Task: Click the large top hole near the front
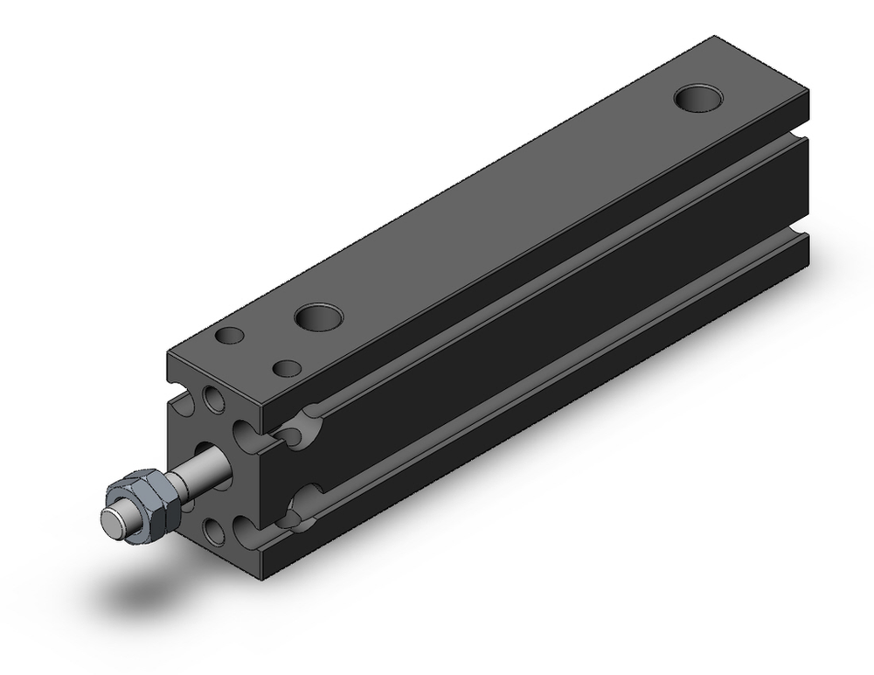point(317,317)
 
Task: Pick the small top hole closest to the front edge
point(231,335)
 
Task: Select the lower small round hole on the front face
point(212,528)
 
